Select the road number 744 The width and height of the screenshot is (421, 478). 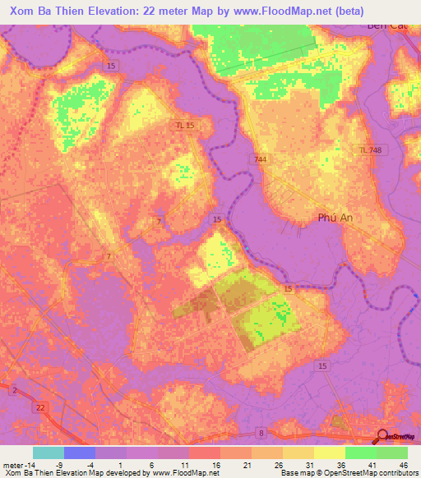pyautogui.click(x=261, y=159)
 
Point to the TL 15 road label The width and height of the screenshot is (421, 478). pyautogui.click(x=185, y=124)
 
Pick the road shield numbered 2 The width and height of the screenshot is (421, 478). pyautogui.click(x=14, y=390)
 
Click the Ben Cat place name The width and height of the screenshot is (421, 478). pyautogui.click(x=387, y=25)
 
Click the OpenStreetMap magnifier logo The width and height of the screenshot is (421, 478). pyautogui.click(x=382, y=437)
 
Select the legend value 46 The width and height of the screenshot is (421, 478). pyautogui.click(x=402, y=465)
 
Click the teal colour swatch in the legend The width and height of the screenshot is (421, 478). pyautogui.click(x=49, y=453)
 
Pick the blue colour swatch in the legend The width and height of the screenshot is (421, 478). pyautogui.click(x=80, y=453)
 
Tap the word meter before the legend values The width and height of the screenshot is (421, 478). pyautogui.click(x=14, y=465)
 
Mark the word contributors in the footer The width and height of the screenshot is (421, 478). pyautogui.click(x=398, y=474)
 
